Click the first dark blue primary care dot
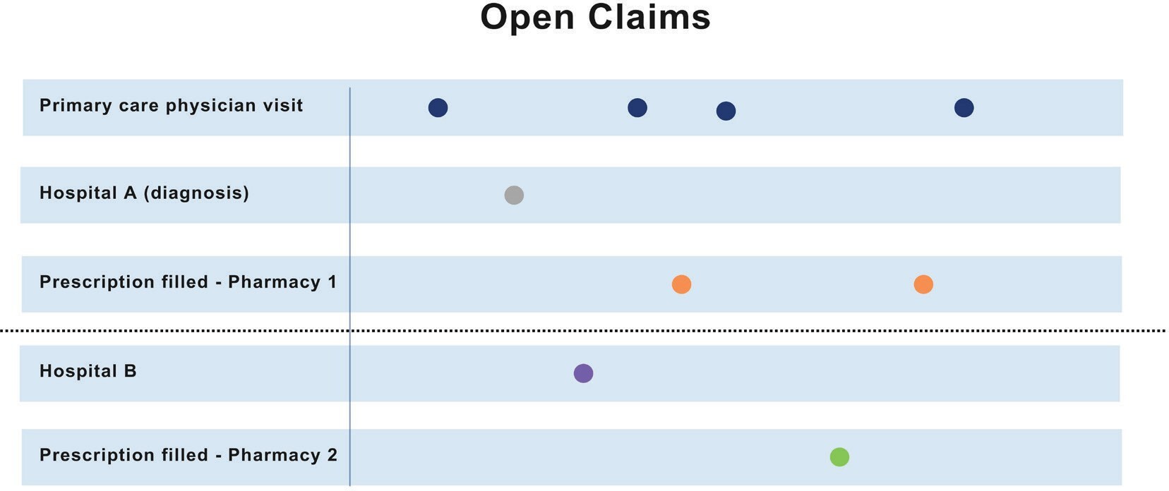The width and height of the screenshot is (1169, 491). (x=438, y=108)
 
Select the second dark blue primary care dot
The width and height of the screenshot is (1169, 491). (x=637, y=108)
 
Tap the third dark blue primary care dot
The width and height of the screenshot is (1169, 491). (x=726, y=111)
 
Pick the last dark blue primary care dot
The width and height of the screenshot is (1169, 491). (x=964, y=108)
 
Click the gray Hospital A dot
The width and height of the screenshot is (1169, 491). (x=514, y=195)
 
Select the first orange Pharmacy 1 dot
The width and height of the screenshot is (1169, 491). (x=681, y=284)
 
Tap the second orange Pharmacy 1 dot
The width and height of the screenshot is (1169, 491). (x=923, y=284)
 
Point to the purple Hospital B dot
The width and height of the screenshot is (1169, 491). (x=583, y=373)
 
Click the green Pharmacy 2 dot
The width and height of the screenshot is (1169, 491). (x=839, y=457)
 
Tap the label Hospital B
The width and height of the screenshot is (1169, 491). (x=88, y=371)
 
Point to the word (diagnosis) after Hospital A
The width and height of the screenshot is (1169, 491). (x=196, y=193)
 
